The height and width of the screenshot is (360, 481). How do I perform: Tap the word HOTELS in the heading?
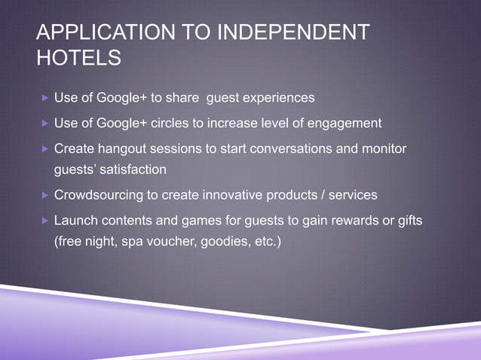(x=79, y=57)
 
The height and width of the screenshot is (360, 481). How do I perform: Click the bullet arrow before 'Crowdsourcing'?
(x=45, y=196)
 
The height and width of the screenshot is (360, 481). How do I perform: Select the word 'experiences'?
(x=274, y=99)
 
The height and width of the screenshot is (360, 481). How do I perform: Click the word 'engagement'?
(x=344, y=123)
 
